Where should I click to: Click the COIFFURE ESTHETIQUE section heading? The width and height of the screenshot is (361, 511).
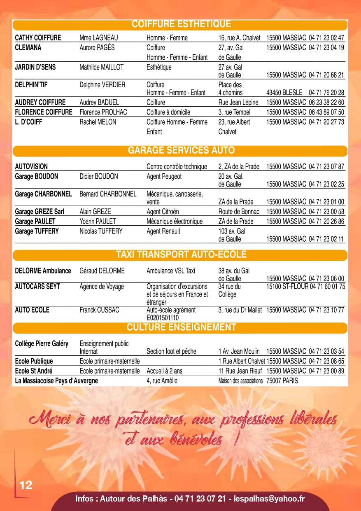[181, 24]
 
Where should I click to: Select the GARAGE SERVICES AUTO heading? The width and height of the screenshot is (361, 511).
[181, 150]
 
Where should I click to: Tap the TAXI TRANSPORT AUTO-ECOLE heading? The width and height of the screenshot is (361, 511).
[181, 254]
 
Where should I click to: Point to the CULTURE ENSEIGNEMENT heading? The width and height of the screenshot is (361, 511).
[181, 327]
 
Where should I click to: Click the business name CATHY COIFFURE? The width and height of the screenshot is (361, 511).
[38, 38]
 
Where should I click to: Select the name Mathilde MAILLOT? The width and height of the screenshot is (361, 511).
[101, 67]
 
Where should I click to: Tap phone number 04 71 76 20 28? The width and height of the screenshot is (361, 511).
[326, 93]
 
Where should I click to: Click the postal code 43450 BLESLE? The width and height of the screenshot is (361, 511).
[284, 93]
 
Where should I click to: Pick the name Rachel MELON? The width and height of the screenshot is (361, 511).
[98, 122]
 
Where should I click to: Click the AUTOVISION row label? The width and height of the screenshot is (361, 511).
[31, 167]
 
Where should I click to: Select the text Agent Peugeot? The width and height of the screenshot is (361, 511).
[164, 177]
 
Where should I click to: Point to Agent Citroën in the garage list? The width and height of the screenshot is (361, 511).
[163, 212]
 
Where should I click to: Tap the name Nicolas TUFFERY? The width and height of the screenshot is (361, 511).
[101, 231]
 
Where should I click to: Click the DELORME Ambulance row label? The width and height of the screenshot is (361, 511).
[43, 271]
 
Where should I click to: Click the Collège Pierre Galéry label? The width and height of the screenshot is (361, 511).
[42, 343]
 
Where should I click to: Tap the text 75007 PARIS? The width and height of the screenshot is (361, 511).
[282, 381]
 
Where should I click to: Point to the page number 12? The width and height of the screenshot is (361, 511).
[26, 485]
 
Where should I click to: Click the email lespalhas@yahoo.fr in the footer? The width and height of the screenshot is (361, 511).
[269, 499]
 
